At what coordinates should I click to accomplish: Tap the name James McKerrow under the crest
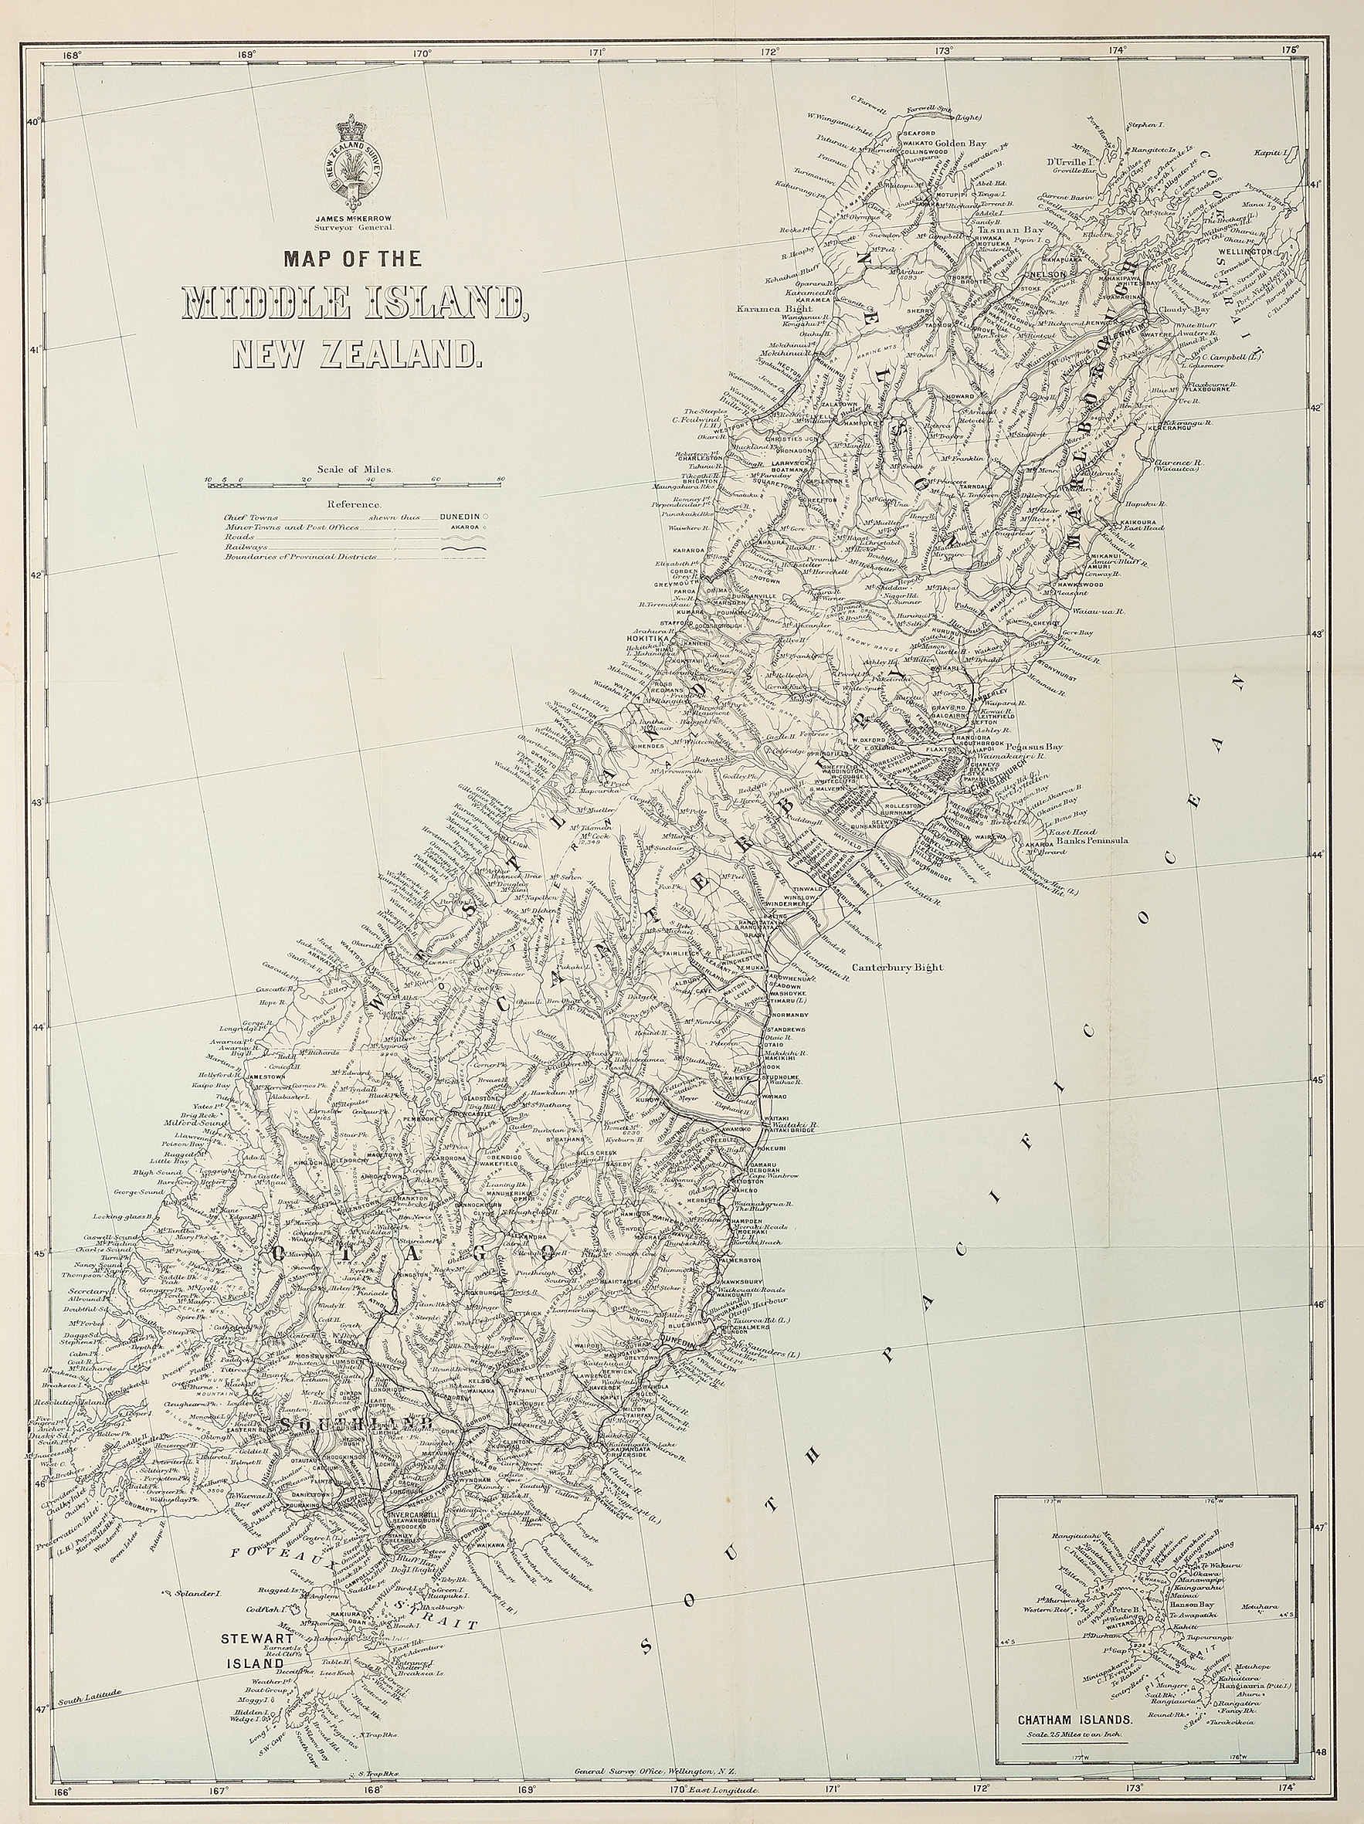(x=354, y=219)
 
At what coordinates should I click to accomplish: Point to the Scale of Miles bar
(x=355, y=487)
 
